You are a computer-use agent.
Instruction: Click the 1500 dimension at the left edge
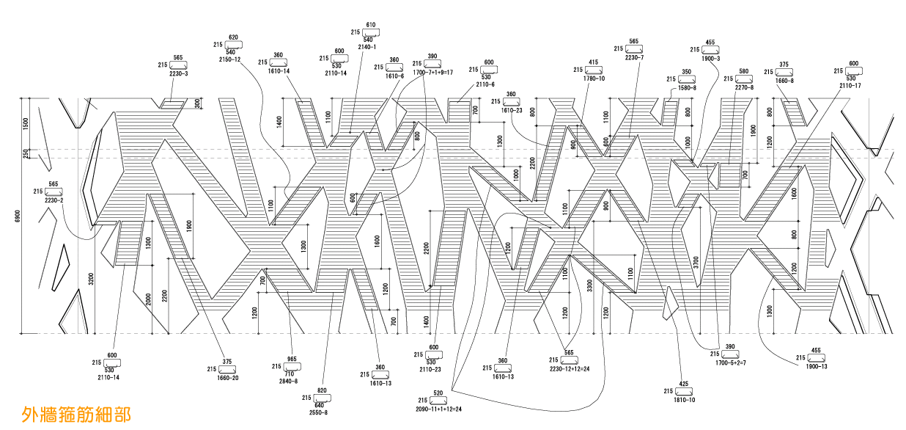(26, 123)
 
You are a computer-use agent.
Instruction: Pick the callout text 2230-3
(178, 73)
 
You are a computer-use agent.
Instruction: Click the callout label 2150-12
(230, 59)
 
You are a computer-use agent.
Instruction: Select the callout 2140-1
(367, 47)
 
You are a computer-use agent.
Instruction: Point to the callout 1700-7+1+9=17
(433, 72)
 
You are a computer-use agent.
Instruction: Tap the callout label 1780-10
(594, 78)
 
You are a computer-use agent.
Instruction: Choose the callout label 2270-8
(744, 87)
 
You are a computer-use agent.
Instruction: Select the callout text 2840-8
(288, 382)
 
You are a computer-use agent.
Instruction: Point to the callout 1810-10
(684, 400)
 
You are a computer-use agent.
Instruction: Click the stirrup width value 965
(292, 359)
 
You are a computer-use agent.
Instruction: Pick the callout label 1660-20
(227, 378)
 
